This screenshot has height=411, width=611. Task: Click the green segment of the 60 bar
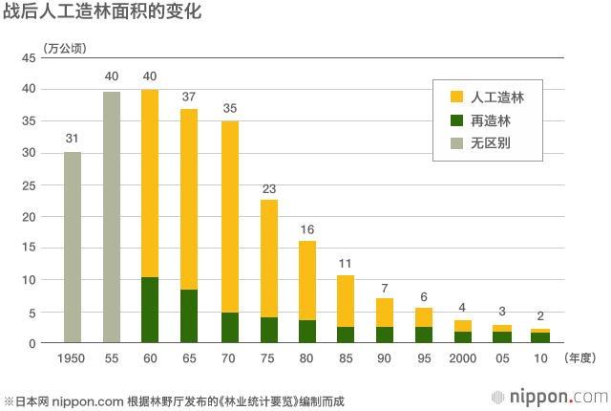pyautogui.click(x=150, y=310)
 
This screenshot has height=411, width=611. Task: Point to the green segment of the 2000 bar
pyautogui.click(x=463, y=336)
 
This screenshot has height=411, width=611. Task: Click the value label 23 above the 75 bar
pyautogui.click(x=268, y=187)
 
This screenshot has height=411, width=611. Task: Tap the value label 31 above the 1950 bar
pyautogui.click(x=72, y=140)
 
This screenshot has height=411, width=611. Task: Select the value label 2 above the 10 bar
pyautogui.click(x=540, y=316)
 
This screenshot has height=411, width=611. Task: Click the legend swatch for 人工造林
pyautogui.click(x=456, y=97)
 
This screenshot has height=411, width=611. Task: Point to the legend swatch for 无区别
pyautogui.click(x=456, y=143)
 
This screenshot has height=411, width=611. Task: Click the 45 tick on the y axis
pyautogui.click(x=29, y=57)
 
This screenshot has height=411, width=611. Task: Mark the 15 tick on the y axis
pyautogui.click(x=29, y=249)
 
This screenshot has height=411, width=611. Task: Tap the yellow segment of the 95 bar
pyautogui.click(x=424, y=317)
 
